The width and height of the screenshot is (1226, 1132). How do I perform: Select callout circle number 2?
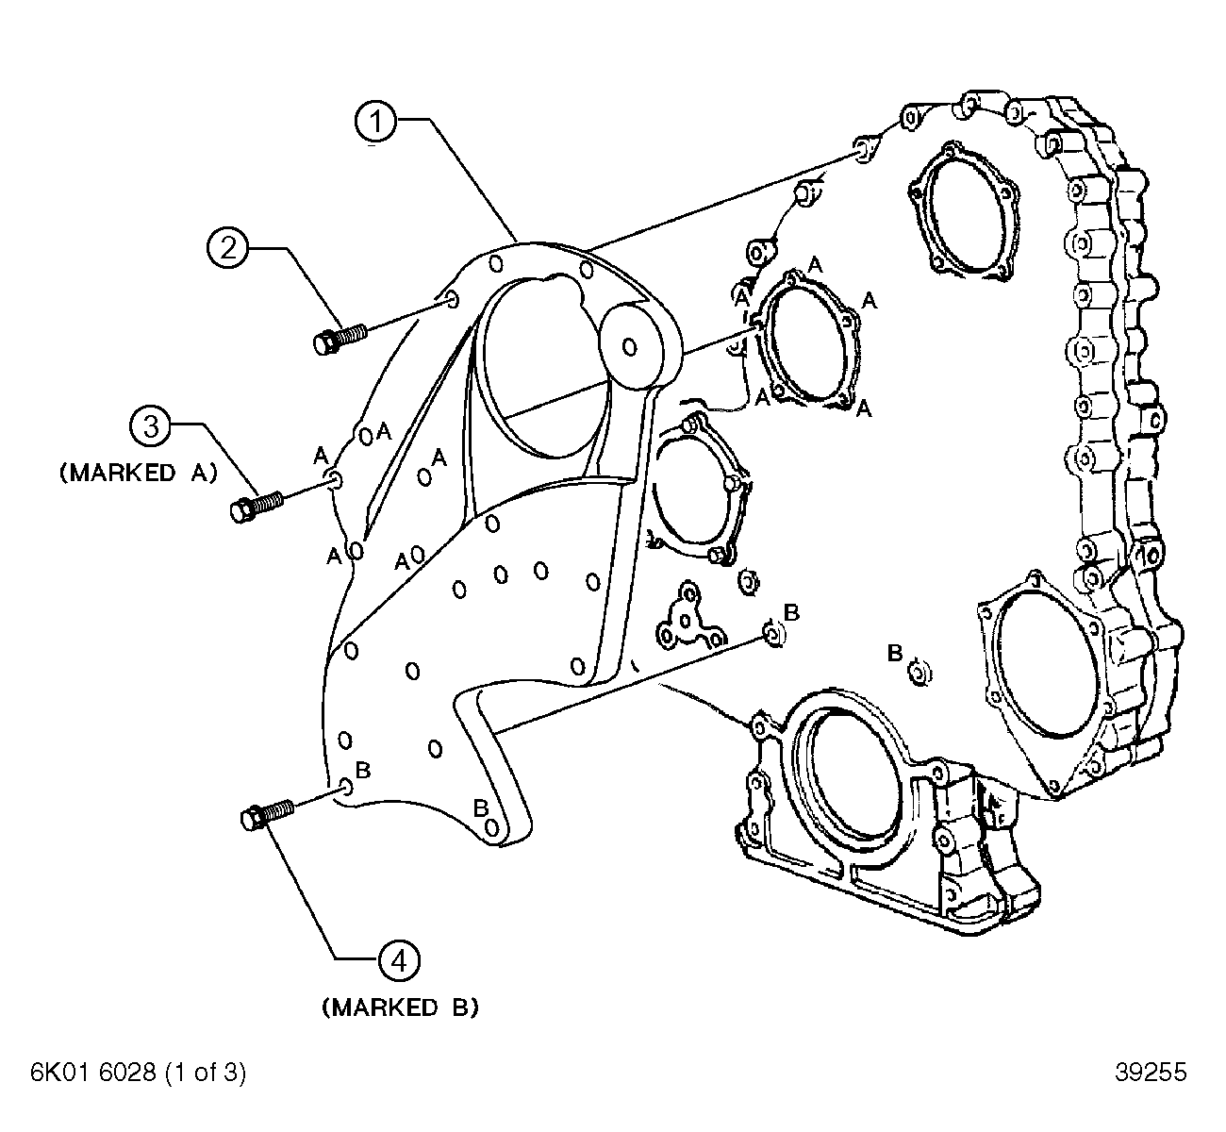(x=228, y=248)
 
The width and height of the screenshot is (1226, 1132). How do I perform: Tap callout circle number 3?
(x=150, y=426)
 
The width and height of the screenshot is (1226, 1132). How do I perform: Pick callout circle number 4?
(x=398, y=960)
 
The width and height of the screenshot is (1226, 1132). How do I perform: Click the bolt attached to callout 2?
(x=339, y=339)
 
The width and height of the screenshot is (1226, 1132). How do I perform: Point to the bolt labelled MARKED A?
(x=256, y=506)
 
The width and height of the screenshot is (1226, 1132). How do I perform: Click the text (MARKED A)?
(x=139, y=474)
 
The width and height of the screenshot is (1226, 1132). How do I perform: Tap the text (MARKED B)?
(x=400, y=1007)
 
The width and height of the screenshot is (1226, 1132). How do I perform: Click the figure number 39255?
(x=1150, y=1073)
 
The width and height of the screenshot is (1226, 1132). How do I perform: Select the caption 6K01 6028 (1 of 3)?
(x=139, y=1073)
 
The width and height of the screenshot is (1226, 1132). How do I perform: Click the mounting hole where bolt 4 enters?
(x=346, y=786)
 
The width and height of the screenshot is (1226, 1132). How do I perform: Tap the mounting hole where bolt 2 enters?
(x=450, y=300)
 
